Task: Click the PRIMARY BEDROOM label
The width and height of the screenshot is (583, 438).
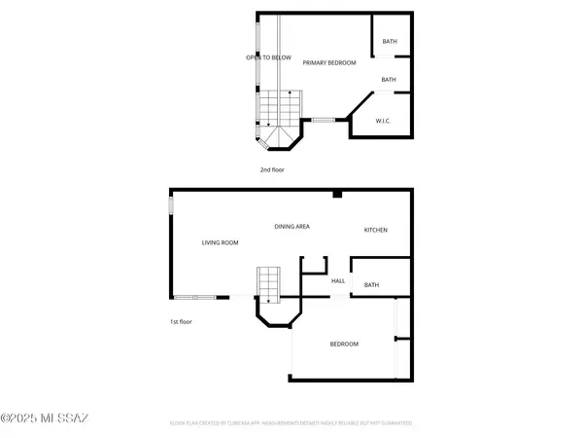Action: pyautogui.click(x=329, y=62)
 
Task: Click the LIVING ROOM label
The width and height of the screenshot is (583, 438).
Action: pyautogui.click(x=220, y=242)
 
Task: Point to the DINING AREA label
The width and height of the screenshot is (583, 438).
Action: pyautogui.click(x=291, y=227)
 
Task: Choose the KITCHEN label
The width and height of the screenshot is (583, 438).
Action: pyautogui.click(x=376, y=230)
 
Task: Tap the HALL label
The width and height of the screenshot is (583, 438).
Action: pyautogui.click(x=338, y=281)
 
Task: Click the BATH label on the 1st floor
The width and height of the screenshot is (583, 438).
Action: pyautogui.click(x=371, y=285)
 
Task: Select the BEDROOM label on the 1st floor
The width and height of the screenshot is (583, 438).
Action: pyautogui.click(x=343, y=345)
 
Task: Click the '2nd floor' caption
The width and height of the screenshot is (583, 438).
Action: pyautogui.click(x=271, y=169)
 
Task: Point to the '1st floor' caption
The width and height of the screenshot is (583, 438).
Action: pyautogui.click(x=180, y=321)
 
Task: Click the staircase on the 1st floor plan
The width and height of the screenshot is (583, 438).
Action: pyautogui.click(x=267, y=283)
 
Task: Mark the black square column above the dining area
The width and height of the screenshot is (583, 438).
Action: pyautogui.click(x=335, y=195)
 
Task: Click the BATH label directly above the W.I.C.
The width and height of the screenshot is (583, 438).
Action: pyautogui.click(x=389, y=80)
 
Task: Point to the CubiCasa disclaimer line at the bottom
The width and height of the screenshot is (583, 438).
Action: pyautogui.click(x=291, y=423)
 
